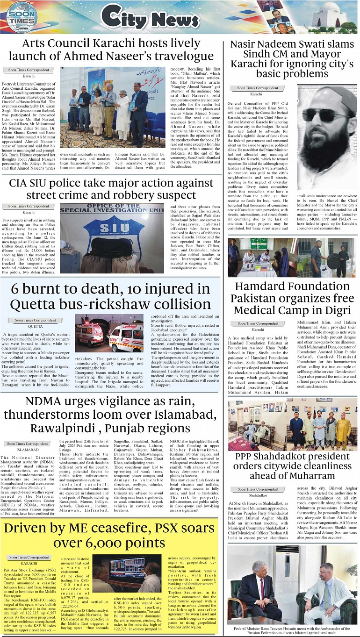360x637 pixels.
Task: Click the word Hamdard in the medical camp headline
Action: tap(262, 287)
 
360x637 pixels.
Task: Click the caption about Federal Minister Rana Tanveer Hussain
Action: tap(292, 630)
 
